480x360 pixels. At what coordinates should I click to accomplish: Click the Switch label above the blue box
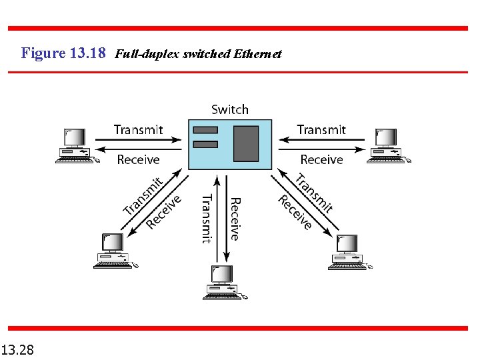[x=230, y=109]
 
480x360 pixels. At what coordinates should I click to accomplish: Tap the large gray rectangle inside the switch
[x=246, y=143]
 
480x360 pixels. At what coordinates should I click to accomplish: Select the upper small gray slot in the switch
[x=205, y=129]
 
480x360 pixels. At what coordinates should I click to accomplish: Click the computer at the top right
[x=389, y=146]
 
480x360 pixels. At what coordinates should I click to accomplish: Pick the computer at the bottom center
[x=225, y=282]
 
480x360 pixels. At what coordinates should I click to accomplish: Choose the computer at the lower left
[x=114, y=251]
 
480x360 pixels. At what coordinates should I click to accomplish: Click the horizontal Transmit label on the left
[x=138, y=129]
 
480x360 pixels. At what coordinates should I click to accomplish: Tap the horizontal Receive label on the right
[x=321, y=159]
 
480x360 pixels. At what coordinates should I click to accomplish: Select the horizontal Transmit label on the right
[x=321, y=129]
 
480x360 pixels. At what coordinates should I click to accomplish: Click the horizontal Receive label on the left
[x=138, y=159]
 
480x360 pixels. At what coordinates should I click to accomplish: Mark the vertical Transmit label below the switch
[x=207, y=219]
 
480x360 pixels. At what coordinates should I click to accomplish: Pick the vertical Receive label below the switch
[x=235, y=219]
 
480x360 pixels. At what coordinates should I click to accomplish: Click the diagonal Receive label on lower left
[x=164, y=211]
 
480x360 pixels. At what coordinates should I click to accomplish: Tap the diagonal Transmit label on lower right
[x=314, y=193]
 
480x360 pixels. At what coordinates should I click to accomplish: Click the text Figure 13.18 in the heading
[x=63, y=53]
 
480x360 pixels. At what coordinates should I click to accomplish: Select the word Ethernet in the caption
[x=258, y=54]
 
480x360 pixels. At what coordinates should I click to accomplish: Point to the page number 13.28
[x=18, y=349]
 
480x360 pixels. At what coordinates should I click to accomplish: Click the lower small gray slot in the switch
[x=205, y=144]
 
